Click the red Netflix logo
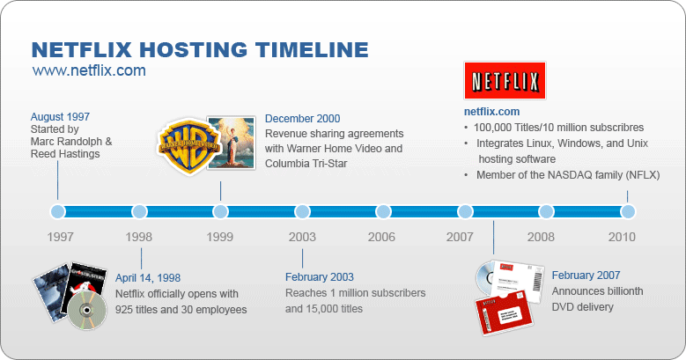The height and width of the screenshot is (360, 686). point(505,80)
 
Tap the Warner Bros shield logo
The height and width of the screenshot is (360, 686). point(188,145)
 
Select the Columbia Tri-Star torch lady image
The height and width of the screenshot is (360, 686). point(231,143)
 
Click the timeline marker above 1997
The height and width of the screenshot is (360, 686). point(58,212)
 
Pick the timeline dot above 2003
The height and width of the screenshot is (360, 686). point(302,212)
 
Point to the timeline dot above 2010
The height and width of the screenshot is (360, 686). point(627,212)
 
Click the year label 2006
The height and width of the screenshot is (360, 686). point(381,237)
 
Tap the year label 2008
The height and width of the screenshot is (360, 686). point(541,237)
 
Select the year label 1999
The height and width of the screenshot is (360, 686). point(219,237)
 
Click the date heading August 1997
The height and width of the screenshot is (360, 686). point(60,117)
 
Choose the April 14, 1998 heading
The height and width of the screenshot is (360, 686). point(148,278)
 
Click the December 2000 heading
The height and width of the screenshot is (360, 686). point(302,119)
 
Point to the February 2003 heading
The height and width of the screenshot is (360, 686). point(320,277)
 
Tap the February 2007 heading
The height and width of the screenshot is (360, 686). point(586,276)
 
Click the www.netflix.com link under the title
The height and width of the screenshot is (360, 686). point(89,70)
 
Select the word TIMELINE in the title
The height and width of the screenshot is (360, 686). point(312,50)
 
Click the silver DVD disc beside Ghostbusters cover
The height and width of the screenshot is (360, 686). point(87,310)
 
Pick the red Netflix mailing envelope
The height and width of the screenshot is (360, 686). point(504,312)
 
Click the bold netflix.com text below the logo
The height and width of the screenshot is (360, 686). point(491,112)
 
